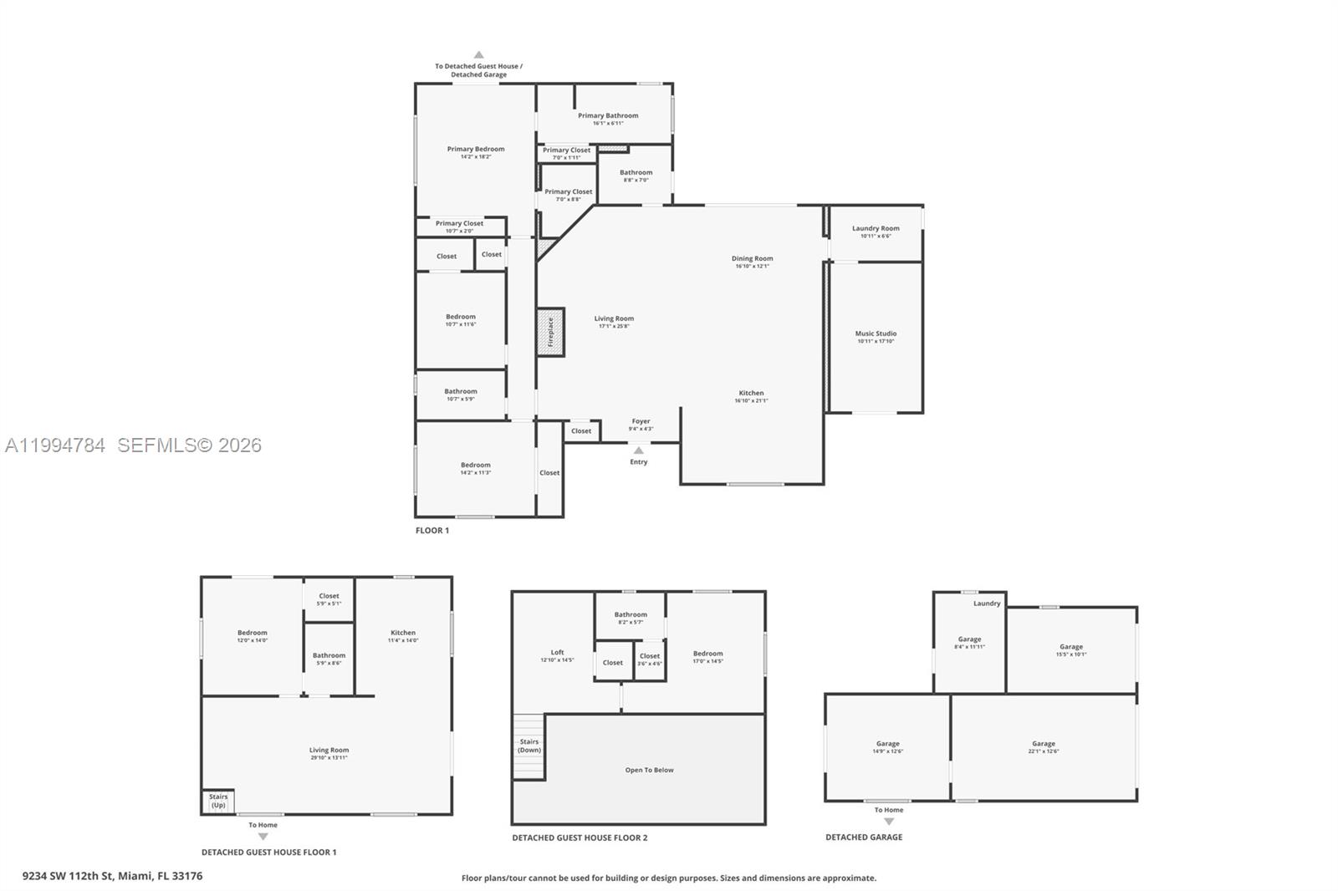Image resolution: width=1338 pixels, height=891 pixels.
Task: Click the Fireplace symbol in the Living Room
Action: pos(550,332)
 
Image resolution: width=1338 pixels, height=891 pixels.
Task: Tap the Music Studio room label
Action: pos(876,333)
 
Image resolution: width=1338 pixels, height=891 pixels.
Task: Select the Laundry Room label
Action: pos(876,228)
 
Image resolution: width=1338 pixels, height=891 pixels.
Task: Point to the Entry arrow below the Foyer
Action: pos(639,451)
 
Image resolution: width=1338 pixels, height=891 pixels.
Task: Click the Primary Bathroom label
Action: pos(608,115)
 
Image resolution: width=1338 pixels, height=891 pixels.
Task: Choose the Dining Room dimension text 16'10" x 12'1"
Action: pos(752,267)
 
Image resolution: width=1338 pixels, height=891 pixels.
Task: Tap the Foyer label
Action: pos(641,421)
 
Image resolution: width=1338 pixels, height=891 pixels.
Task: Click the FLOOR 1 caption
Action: pos(432,531)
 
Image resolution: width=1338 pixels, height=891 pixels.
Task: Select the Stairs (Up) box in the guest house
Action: pos(217,802)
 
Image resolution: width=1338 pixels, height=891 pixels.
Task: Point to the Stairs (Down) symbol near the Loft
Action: pos(529,746)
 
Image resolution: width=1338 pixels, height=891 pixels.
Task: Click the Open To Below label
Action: pos(649,770)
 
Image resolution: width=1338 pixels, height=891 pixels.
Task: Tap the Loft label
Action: pos(557,652)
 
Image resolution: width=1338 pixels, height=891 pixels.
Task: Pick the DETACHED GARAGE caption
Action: pos(864,837)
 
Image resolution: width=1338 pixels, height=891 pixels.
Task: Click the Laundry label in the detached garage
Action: pos(987,603)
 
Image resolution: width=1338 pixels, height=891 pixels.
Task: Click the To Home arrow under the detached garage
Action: pos(889,821)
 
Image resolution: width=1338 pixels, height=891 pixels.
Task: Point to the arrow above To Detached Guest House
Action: pos(478,55)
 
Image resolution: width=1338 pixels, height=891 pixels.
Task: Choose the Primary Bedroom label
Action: pos(475,149)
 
